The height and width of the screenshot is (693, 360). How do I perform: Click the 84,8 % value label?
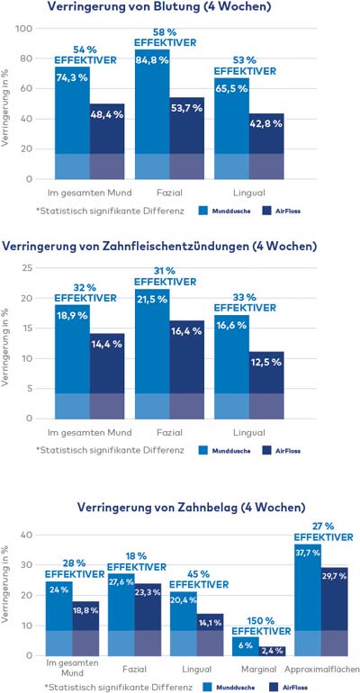point(152,60)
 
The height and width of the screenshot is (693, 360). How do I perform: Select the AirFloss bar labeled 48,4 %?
point(107,141)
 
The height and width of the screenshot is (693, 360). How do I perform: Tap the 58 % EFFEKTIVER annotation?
point(166,38)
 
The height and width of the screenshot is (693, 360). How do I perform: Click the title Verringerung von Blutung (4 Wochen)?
point(159,6)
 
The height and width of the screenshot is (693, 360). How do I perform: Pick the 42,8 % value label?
point(266,124)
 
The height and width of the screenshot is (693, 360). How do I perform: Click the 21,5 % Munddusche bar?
point(152,354)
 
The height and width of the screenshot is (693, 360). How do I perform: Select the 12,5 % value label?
point(266,363)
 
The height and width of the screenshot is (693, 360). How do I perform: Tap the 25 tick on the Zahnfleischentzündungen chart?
point(28,268)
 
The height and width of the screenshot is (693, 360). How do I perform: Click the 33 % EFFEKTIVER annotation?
point(245,301)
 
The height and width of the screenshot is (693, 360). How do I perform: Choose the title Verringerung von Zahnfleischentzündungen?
point(159,247)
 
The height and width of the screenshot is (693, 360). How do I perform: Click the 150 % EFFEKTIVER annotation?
point(262,625)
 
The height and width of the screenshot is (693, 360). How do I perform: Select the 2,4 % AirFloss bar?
point(273,652)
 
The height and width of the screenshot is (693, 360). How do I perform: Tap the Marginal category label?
point(259,669)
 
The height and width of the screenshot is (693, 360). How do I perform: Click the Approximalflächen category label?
point(322,669)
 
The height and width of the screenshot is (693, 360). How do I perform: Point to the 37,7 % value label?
point(308,553)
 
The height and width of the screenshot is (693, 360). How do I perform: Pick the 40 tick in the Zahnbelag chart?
point(27,535)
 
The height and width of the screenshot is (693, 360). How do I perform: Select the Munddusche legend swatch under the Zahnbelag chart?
point(208,687)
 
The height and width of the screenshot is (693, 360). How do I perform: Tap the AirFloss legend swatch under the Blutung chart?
point(267,211)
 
